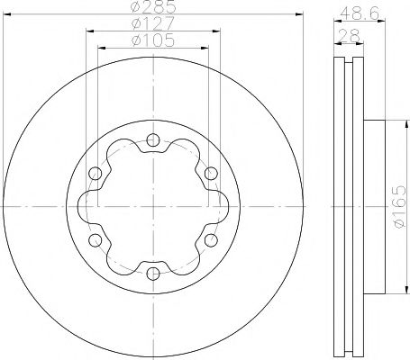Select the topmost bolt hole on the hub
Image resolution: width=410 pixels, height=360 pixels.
click(x=152, y=139)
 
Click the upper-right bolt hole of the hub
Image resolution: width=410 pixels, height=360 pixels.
click(x=210, y=173)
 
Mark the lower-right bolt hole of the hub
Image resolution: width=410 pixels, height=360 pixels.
click(x=210, y=239)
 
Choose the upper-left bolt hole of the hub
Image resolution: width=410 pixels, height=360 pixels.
click(x=95, y=173)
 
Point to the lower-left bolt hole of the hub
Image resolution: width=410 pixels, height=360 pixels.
click(x=95, y=239)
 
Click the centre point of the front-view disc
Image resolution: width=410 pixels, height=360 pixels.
click(x=152, y=206)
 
